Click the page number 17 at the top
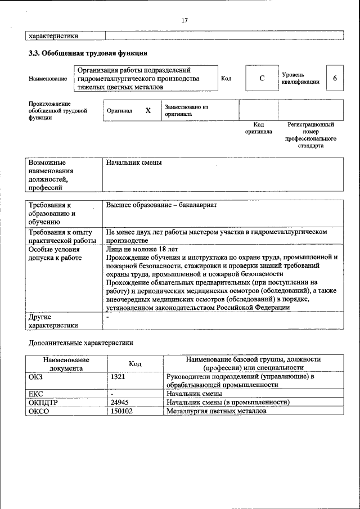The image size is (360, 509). [184, 20]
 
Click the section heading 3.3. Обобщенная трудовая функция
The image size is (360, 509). [88, 53]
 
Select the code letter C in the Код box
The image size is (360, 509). [262, 78]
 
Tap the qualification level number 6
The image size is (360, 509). [335, 78]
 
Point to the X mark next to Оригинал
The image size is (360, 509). [148, 111]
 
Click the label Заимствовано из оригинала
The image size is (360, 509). [186, 110]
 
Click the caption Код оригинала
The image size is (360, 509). [259, 128]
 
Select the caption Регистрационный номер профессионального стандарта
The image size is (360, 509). [311, 134]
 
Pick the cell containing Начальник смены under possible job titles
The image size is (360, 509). [134, 163]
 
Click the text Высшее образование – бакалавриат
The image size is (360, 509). [161, 205]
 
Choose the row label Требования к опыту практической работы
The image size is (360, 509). [62, 236]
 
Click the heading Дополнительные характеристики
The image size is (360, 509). [81, 342]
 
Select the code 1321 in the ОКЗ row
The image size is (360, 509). [118, 376]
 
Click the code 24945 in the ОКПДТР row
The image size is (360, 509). [120, 402]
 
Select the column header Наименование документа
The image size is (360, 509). [66, 363]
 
